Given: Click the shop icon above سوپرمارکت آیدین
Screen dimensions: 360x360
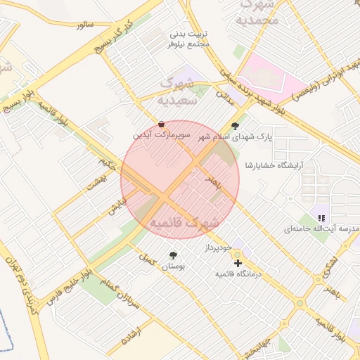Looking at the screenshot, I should coord(163,124).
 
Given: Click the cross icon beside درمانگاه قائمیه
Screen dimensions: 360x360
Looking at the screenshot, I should coord(238,262).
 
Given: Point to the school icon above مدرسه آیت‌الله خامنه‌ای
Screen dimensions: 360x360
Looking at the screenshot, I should coord(321,218).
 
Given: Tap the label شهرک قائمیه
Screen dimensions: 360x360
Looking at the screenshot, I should coord(184,222).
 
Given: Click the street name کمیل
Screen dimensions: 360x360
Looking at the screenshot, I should coord(147,259).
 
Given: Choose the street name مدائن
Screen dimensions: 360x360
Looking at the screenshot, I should coord(225,97).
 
